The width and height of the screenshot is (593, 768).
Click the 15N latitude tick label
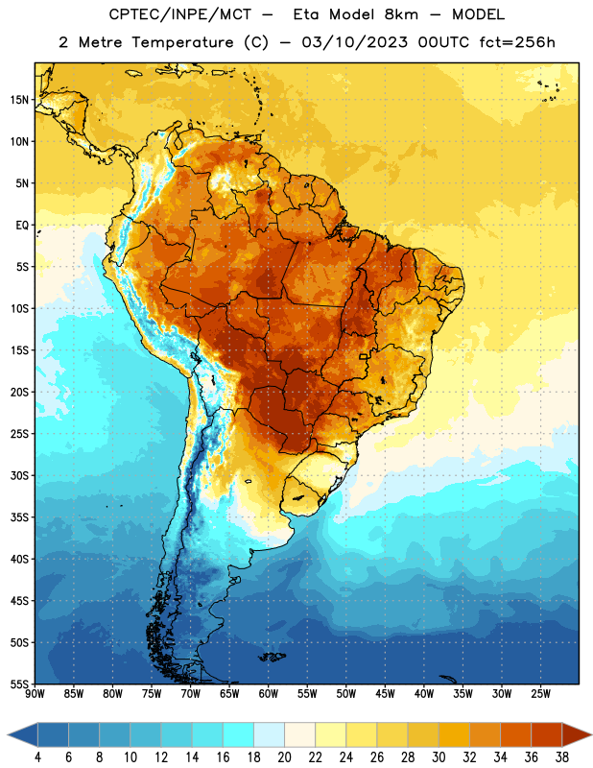[19, 100]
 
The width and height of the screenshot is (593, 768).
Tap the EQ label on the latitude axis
[22, 226]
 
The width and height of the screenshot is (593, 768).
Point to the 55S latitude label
[19, 684]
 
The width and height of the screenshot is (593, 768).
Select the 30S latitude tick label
[19, 475]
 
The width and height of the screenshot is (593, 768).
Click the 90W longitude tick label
[35, 694]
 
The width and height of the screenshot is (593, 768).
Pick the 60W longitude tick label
[269, 694]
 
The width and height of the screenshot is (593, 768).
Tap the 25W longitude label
[540, 694]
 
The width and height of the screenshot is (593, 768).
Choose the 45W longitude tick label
[385, 694]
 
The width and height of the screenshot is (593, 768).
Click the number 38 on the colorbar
[562, 757]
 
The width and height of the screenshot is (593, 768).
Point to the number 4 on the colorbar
[37, 757]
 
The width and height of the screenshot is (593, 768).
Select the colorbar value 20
[284, 757]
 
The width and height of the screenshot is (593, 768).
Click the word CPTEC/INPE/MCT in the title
[179, 14]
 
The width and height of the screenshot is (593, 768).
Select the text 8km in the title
[401, 14]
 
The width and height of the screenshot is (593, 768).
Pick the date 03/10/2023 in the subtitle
[354, 42]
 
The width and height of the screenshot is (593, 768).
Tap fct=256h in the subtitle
[517, 42]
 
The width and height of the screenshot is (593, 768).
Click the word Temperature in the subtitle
[182, 43]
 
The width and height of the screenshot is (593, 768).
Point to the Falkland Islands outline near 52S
[272, 657]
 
